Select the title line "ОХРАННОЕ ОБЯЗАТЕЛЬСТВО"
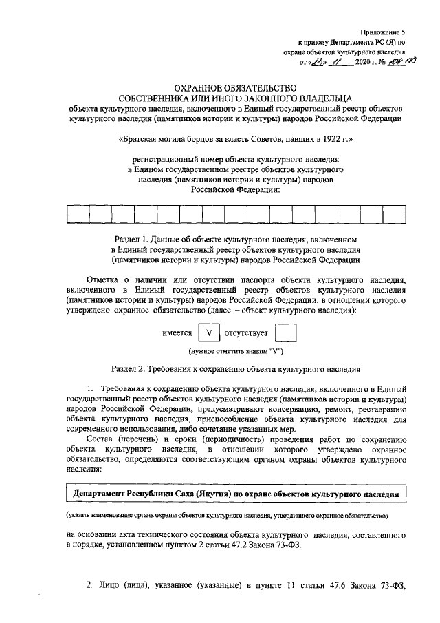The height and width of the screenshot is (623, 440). pyautogui.click(x=235, y=87)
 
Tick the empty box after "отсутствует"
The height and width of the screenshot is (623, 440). pyautogui.click(x=285, y=332)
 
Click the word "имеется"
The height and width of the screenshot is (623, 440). pyautogui.click(x=177, y=333)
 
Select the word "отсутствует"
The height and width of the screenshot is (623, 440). pyautogui.click(x=245, y=333)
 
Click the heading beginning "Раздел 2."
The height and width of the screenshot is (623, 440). pyautogui.click(x=236, y=368)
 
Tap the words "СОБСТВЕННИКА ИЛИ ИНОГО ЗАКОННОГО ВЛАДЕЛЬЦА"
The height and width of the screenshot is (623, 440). pyautogui.click(x=235, y=98)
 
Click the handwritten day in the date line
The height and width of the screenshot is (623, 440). pyautogui.click(x=318, y=62)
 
